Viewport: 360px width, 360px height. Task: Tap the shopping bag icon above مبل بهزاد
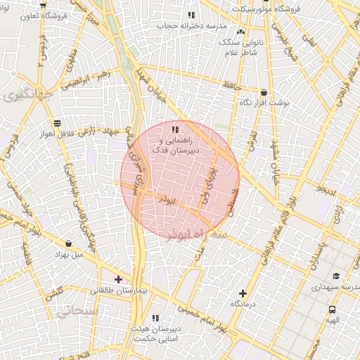[67, 243]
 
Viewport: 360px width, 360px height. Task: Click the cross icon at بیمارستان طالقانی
[118, 279]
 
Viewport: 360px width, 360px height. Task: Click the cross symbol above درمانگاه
[243, 293]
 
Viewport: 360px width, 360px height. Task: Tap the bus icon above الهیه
[332, 309]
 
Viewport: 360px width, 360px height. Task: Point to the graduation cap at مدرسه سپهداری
[336, 276]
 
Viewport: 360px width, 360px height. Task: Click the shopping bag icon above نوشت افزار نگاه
[264, 92]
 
